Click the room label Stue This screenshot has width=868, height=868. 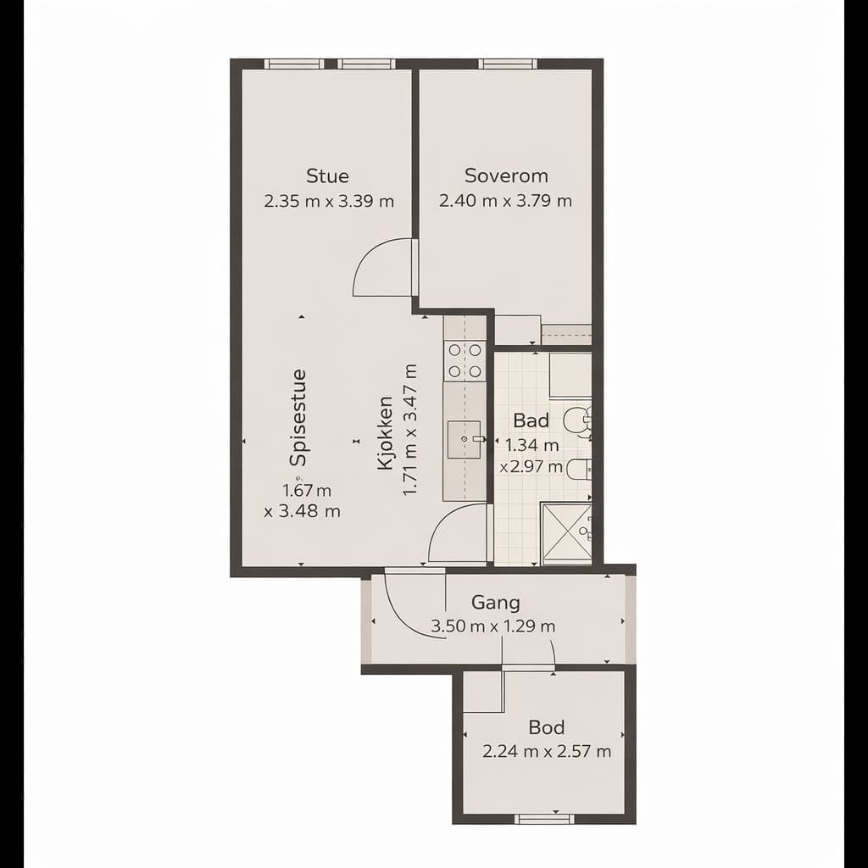pyautogui.click(x=328, y=176)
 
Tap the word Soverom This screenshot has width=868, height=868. pyautogui.click(x=506, y=175)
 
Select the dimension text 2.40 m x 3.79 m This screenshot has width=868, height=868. pyautogui.click(x=505, y=200)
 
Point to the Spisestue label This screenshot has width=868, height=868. pyautogui.click(x=298, y=417)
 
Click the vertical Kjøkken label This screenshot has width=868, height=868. pyautogui.click(x=385, y=433)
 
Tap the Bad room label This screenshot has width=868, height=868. pyautogui.click(x=531, y=420)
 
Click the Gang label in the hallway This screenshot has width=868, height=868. pyautogui.click(x=495, y=603)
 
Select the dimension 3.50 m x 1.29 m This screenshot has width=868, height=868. pyautogui.click(x=493, y=626)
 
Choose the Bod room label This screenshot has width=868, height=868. pyautogui.click(x=547, y=726)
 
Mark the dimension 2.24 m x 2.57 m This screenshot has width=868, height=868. pyautogui.click(x=547, y=752)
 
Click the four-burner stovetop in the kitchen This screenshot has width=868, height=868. pyautogui.click(x=465, y=360)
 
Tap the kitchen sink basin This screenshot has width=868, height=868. pyautogui.click(x=464, y=439)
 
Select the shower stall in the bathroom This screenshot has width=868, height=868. pyautogui.click(x=566, y=534)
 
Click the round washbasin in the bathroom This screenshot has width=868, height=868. pyautogui.click(x=576, y=420)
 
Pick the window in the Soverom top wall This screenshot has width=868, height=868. pyautogui.click(x=507, y=64)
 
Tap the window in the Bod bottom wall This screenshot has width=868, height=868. pyautogui.click(x=544, y=819)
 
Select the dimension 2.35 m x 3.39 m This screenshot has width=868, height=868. pyautogui.click(x=329, y=201)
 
